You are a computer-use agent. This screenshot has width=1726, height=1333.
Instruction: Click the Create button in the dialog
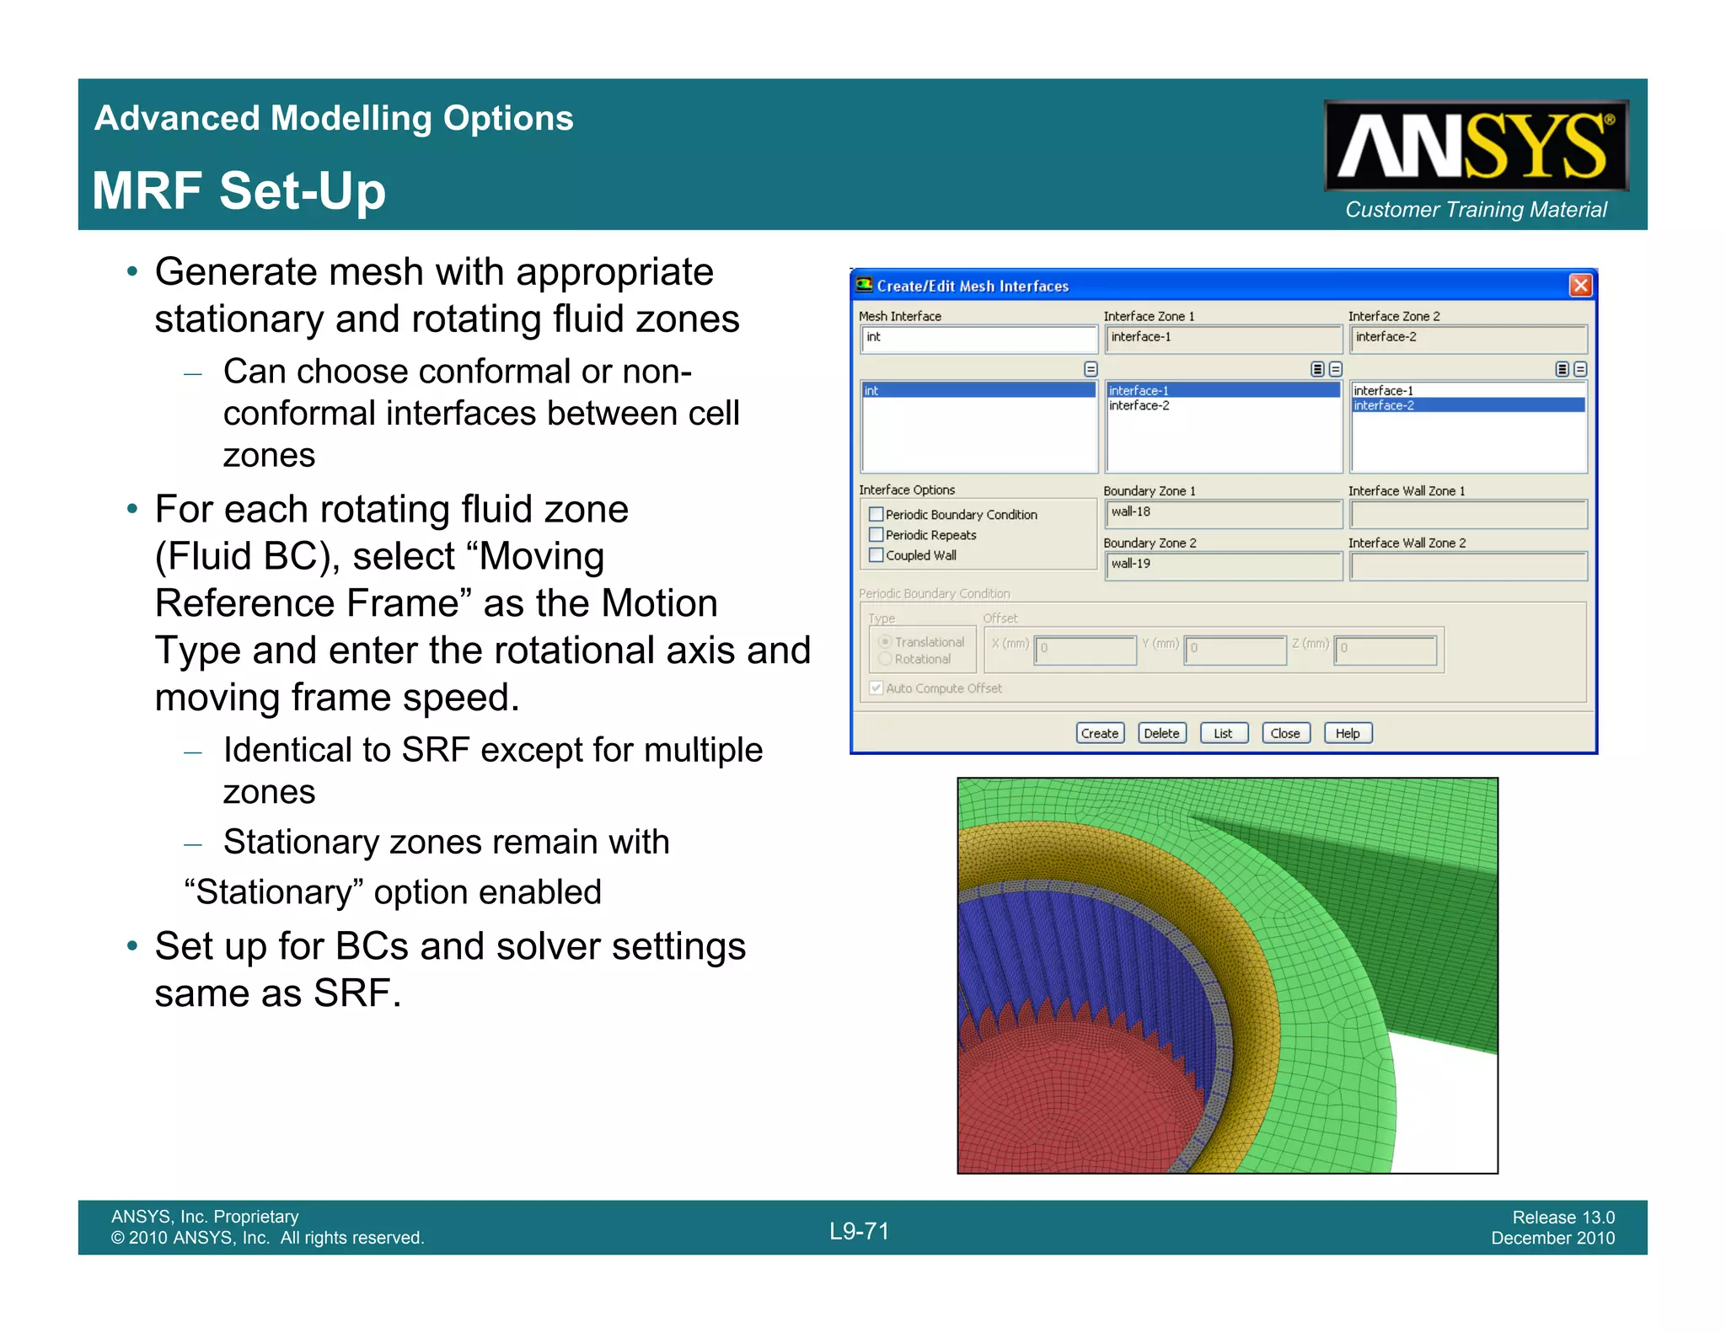click(x=1100, y=733)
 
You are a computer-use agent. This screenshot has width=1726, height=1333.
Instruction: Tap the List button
click(x=1223, y=733)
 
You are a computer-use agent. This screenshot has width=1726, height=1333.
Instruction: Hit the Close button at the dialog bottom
click(x=1285, y=733)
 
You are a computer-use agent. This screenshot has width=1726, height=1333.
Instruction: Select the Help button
click(x=1348, y=733)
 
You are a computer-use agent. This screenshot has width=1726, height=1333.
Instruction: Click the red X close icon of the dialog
click(x=1580, y=286)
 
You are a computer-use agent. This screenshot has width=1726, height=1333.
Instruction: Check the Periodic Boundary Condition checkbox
click(x=876, y=514)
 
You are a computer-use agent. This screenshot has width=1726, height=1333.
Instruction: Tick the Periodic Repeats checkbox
click(x=876, y=534)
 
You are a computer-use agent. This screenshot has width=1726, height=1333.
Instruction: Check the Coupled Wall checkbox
click(x=876, y=554)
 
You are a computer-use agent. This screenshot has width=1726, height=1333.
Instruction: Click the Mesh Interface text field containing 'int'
click(x=978, y=338)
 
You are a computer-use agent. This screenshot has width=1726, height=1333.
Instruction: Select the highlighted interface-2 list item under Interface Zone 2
click(x=1467, y=405)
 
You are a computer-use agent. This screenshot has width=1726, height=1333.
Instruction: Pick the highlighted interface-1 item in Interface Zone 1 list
click(x=1222, y=390)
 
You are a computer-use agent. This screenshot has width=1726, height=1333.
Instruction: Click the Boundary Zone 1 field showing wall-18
click(x=1223, y=512)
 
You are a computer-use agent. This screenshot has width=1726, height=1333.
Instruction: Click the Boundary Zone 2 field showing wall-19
click(x=1223, y=565)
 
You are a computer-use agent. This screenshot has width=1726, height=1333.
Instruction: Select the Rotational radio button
click(x=885, y=659)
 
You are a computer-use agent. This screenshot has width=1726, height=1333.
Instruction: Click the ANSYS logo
click(x=1476, y=146)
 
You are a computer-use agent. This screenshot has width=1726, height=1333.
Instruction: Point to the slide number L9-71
click(x=859, y=1231)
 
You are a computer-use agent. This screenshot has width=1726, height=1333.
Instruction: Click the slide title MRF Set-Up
click(x=239, y=190)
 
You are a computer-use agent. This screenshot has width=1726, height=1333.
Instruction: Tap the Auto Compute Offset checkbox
click(x=876, y=688)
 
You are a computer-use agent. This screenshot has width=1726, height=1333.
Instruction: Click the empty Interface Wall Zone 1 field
click(x=1467, y=513)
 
